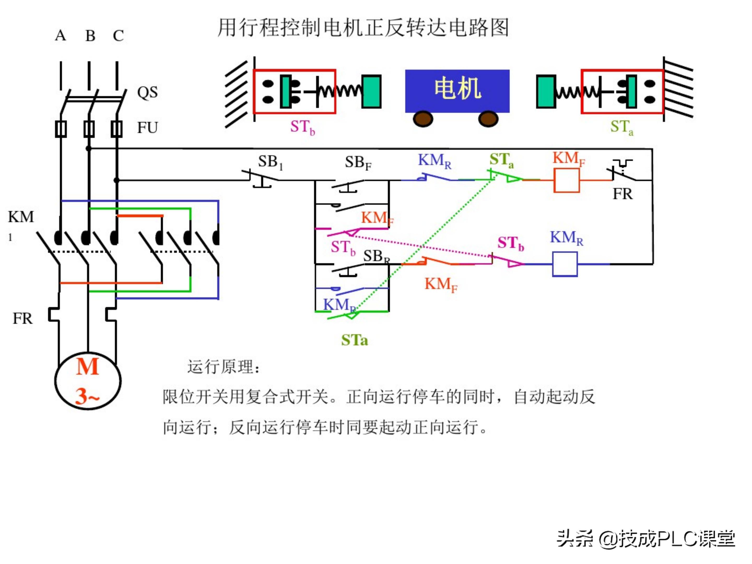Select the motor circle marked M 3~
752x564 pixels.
pos(88,381)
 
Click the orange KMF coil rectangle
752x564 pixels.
pos(566,180)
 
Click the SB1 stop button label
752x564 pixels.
pos(270,162)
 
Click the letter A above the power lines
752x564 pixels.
pos(61,35)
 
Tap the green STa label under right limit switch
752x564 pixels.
pos(621,127)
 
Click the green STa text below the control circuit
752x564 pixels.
pos(354,340)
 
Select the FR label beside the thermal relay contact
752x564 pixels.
pos(622,194)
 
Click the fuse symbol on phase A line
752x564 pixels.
pos(61,129)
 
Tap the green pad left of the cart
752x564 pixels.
pos(371,91)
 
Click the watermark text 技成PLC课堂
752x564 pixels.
pos(677,539)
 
